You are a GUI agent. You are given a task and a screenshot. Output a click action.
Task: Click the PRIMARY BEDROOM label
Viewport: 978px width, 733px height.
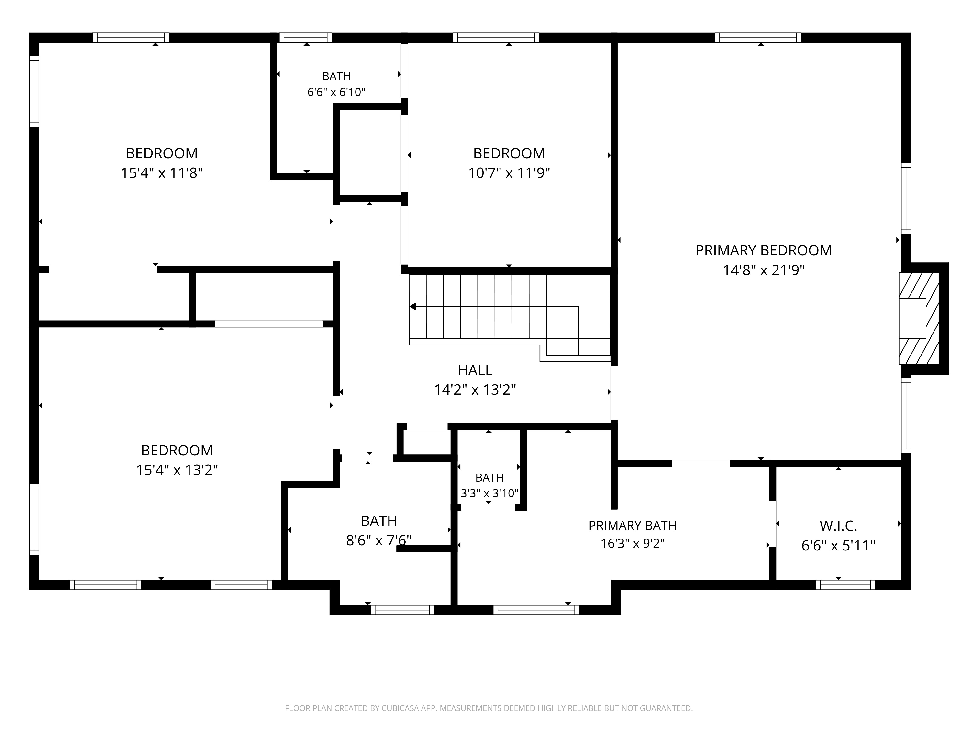[764, 250]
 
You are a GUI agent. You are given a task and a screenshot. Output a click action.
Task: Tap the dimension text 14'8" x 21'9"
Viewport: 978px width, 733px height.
[764, 270]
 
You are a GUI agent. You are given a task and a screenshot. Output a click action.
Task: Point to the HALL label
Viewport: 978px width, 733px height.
[475, 370]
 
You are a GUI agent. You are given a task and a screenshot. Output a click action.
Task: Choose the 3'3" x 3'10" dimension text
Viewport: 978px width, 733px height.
[489, 493]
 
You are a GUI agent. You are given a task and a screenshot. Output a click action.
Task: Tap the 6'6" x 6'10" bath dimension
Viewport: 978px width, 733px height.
[336, 92]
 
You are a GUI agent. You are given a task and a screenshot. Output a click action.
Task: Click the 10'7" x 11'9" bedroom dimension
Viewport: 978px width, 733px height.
[509, 173]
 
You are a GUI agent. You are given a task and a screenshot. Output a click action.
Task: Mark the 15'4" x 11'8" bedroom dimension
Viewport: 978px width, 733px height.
[162, 173]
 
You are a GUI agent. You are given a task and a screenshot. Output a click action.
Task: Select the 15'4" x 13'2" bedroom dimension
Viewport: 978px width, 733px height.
[177, 470]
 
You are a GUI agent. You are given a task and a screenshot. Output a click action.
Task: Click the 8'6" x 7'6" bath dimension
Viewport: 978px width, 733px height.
[379, 540]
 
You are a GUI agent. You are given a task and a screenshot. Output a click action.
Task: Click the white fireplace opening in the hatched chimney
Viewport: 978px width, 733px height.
[912, 319]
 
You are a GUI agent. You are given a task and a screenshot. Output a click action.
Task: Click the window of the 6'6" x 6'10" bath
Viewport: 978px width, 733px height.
[306, 38]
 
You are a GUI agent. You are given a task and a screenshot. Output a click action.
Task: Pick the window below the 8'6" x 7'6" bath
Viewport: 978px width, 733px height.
[402, 610]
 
